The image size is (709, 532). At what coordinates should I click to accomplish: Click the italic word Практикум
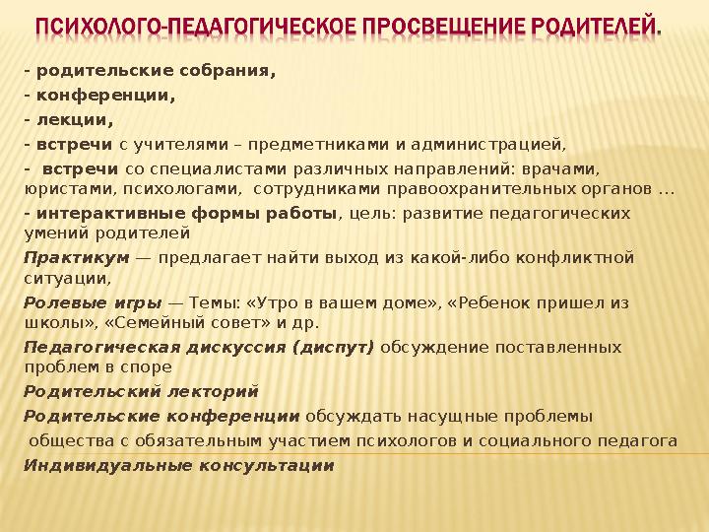tap(77, 258)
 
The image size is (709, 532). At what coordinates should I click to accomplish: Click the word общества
tap(71, 439)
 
